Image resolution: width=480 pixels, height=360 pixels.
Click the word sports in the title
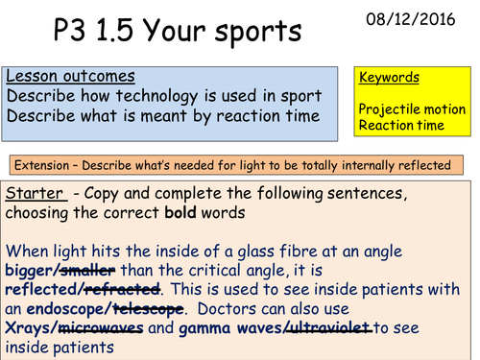tap(244, 31)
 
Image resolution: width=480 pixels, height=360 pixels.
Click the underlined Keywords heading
tap(389, 78)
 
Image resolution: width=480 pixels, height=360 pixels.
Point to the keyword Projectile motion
tap(412, 111)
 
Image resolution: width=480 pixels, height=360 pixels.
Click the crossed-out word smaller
tap(89, 269)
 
